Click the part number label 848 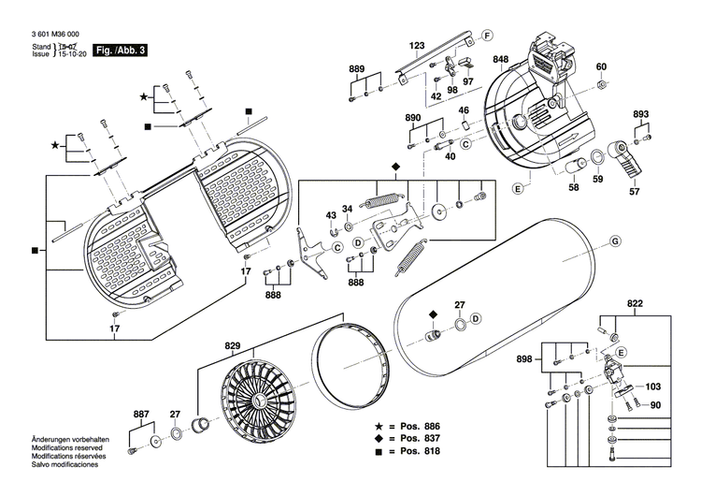pyautogui.click(x=501, y=60)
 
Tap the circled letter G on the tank pyautogui.click(x=615, y=242)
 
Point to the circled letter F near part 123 pyautogui.click(x=486, y=36)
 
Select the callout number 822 pyautogui.click(x=636, y=305)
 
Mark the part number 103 pyautogui.click(x=652, y=386)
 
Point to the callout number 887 pyautogui.click(x=141, y=413)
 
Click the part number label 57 pyautogui.click(x=635, y=192)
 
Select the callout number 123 pyautogui.click(x=417, y=46)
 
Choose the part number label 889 pyautogui.click(x=357, y=70)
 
